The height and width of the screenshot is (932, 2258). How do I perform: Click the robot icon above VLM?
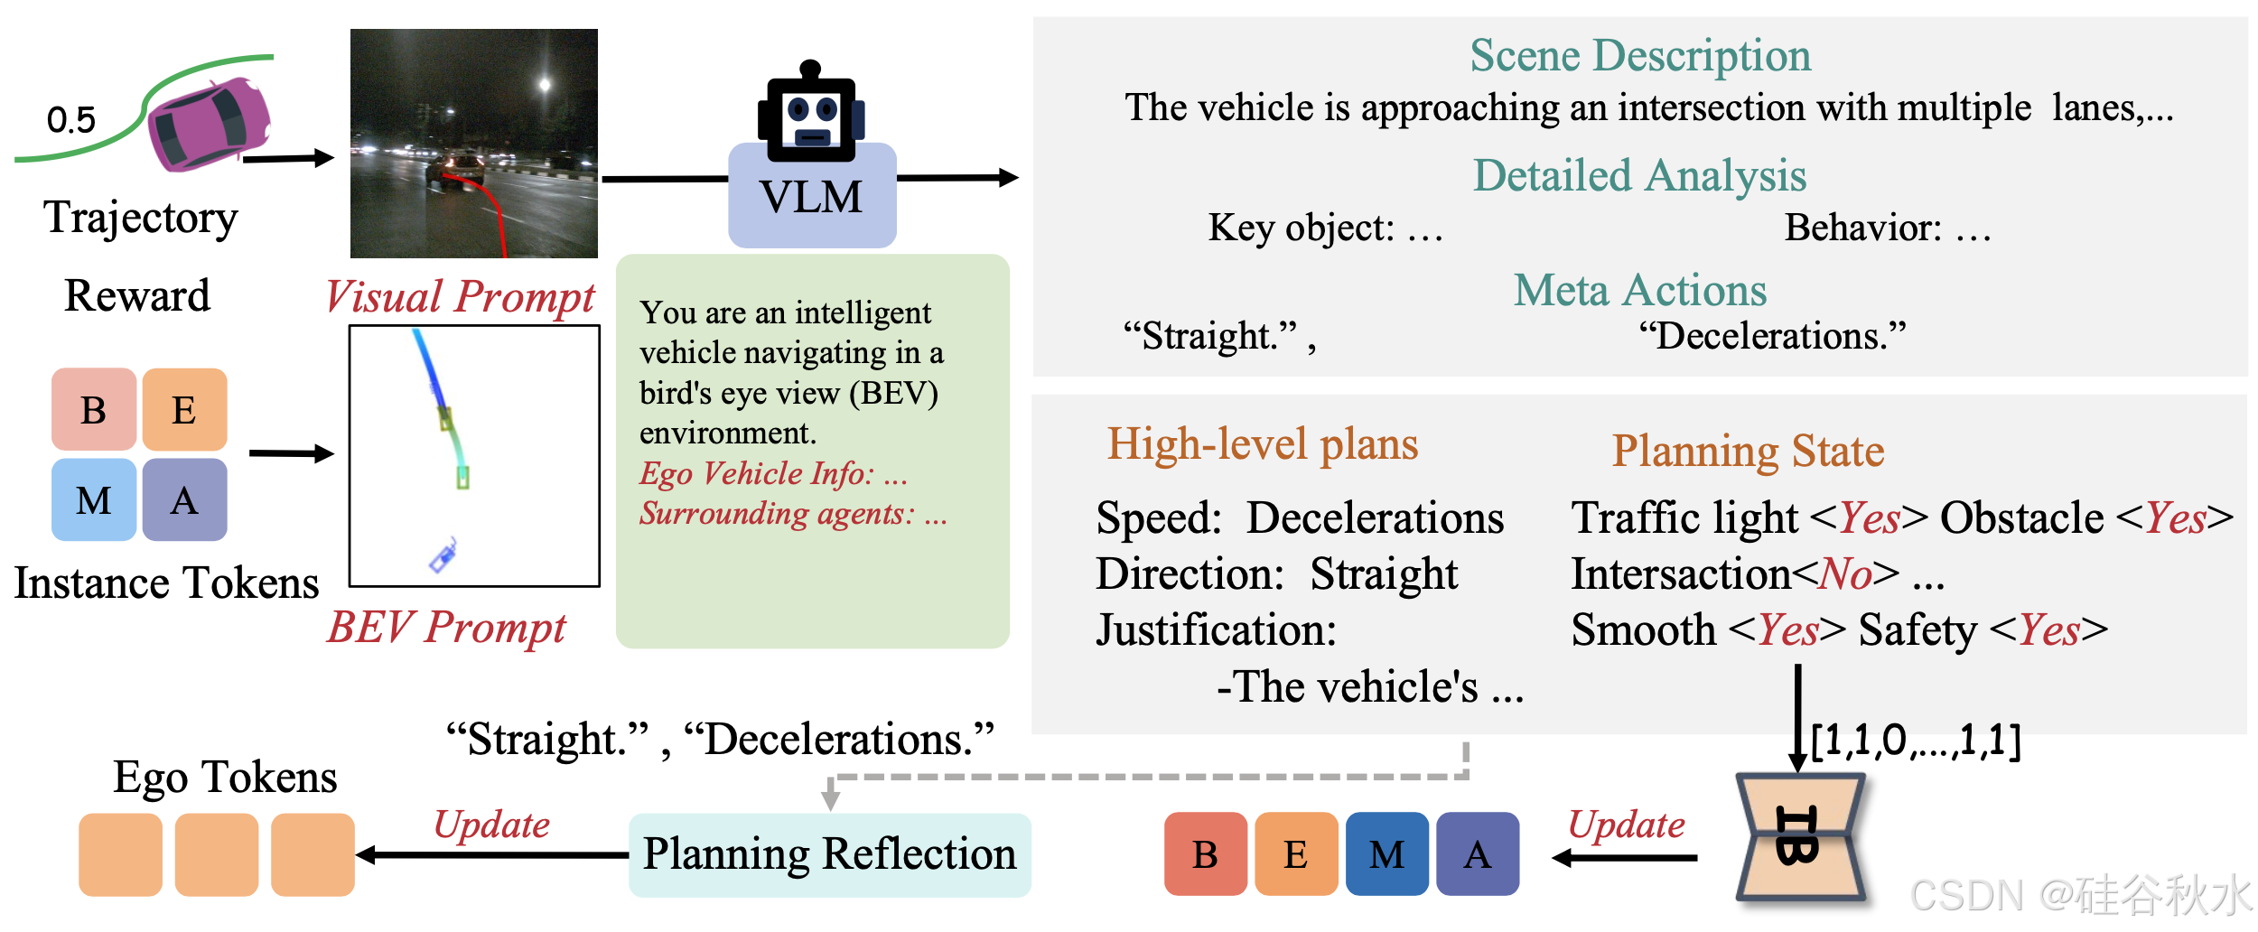pos(810,113)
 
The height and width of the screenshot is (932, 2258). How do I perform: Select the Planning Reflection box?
pos(829,854)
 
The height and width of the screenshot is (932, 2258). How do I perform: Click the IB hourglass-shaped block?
pos(1799,837)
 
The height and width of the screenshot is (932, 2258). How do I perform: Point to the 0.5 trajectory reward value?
pos(70,120)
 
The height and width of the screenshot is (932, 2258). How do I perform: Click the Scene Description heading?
pos(1639,56)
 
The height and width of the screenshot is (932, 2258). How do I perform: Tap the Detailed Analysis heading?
pos(1639,175)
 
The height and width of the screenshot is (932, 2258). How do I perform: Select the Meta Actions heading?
pos(1639,291)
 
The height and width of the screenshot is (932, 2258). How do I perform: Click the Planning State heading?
pos(1748,451)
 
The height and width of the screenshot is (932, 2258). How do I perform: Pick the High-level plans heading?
pos(1262,444)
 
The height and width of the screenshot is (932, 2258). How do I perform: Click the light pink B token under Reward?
pos(94,409)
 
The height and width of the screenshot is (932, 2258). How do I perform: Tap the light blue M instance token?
pos(94,499)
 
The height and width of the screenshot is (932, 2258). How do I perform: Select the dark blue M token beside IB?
pos(1386,854)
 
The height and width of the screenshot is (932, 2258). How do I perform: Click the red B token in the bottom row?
pos(1205,854)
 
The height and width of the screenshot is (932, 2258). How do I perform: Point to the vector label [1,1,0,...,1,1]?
pos(1916,741)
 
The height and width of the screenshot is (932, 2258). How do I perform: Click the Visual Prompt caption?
pos(460,296)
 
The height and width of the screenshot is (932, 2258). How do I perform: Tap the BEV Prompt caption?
pos(446,627)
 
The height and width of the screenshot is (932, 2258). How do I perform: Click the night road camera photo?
pos(473,144)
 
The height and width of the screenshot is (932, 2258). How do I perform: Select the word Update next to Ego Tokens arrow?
pos(491,825)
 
